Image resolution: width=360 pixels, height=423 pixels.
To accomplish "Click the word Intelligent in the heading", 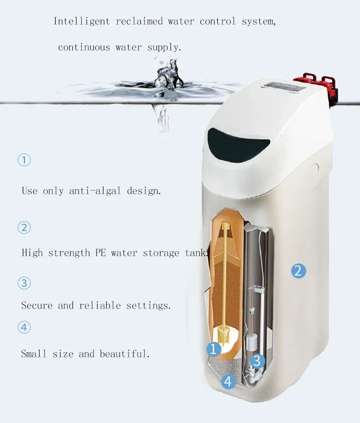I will point(74,21).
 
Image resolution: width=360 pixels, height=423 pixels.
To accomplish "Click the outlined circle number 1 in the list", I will point(24,160).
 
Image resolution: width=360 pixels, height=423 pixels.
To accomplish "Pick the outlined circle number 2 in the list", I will point(24,227).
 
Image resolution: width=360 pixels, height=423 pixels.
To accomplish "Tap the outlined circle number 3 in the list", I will point(24,283).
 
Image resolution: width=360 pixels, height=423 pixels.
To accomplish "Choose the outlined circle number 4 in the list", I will point(24,327).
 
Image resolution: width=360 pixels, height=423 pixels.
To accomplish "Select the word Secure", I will point(37,306).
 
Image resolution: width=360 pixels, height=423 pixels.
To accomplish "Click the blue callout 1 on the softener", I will point(214,350).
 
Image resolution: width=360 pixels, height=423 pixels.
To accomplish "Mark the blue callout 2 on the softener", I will point(298,271).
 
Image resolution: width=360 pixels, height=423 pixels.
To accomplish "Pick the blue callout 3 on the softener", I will point(257,361).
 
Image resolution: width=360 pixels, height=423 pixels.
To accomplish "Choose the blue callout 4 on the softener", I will point(229,381).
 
